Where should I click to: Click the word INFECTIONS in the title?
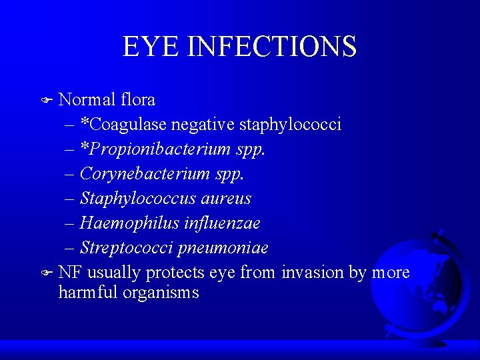coord(272,46)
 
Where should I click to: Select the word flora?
coord(138,100)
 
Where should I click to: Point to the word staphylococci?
coord(290,125)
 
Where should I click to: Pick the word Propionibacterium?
coord(166,149)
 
